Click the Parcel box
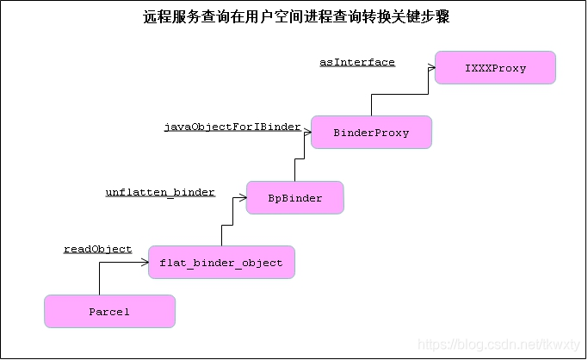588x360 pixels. (x=109, y=311)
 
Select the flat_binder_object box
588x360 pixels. (x=221, y=262)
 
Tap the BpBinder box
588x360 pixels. (x=294, y=197)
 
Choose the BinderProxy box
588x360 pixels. (x=371, y=133)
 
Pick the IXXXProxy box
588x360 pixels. (x=495, y=67)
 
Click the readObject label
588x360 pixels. (x=97, y=249)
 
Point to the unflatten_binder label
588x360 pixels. (x=160, y=191)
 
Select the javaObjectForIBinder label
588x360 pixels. (x=232, y=127)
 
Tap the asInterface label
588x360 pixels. (x=356, y=62)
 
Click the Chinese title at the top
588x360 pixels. (x=295, y=17)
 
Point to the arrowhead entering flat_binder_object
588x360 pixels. (x=145, y=262)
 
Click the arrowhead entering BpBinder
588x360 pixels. (x=242, y=197)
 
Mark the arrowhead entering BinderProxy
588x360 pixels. (x=306, y=133)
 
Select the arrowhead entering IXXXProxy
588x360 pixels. (x=430, y=67)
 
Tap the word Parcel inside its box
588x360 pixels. (x=109, y=312)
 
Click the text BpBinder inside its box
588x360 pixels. (x=294, y=198)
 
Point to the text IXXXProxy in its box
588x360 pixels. (x=495, y=68)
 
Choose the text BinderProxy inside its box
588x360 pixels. (x=371, y=133)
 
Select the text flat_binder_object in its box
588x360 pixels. (x=221, y=263)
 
